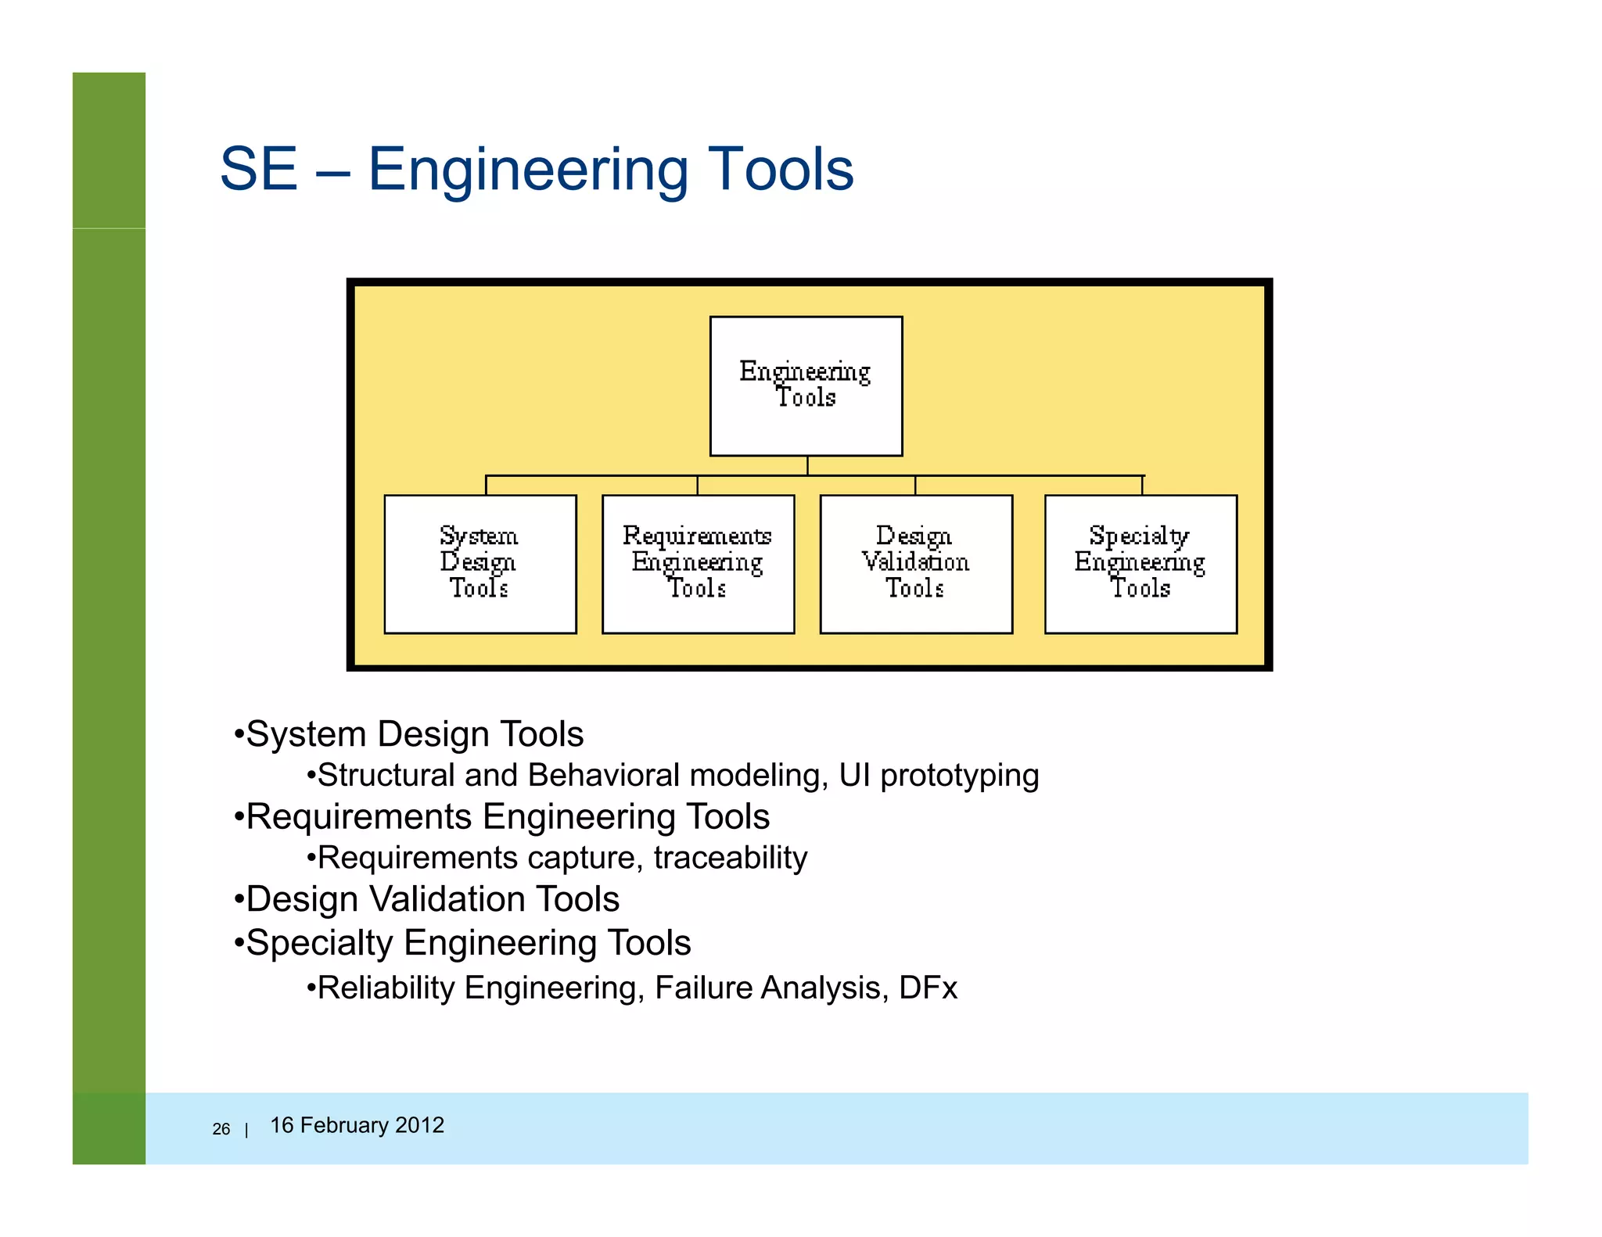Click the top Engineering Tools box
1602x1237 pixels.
pos(806,385)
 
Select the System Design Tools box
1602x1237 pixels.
pos(480,564)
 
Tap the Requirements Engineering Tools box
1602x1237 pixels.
pos(698,564)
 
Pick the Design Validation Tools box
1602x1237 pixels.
pos(915,564)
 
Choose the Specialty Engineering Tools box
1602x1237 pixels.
pos(1140,564)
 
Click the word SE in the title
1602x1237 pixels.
pos(259,170)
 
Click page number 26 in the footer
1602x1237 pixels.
pos(221,1129)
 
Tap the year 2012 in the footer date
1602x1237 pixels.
pos(419,1125)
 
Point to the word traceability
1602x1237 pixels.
pos(731,859)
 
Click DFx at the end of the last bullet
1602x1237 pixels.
pos(929,988)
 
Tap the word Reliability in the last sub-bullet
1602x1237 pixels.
pos(386,988)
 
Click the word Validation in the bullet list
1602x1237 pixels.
pos(437,900)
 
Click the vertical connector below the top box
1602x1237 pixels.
pos(807,465)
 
